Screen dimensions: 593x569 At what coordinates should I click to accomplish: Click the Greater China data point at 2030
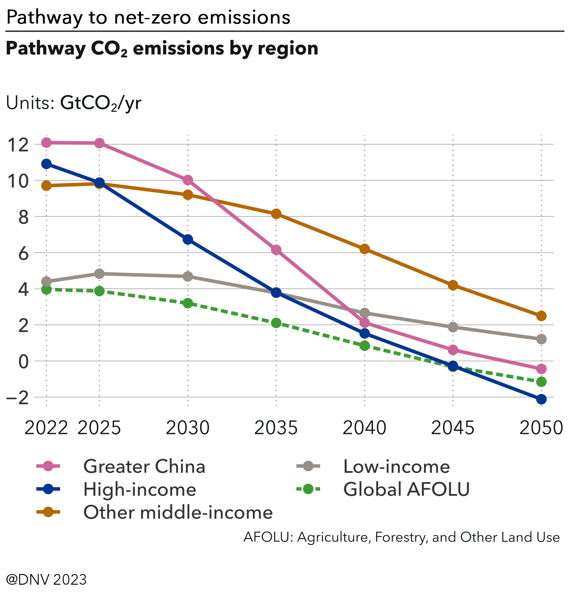[188, 180]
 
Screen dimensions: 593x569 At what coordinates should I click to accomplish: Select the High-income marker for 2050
[541, 399]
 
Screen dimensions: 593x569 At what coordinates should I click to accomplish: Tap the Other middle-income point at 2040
[364, 249]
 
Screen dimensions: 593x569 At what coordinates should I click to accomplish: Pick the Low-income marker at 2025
[99, 274]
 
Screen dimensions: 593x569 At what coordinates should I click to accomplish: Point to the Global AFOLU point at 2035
[276, 323]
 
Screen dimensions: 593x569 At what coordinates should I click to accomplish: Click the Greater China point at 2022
[46, 142]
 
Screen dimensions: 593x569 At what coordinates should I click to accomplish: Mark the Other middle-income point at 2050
[541, 316]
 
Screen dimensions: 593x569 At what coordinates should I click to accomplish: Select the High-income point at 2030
[188, 239]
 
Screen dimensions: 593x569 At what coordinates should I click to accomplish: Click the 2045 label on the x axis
[452, 428]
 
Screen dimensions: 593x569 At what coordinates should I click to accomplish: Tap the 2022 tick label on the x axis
[46, 428]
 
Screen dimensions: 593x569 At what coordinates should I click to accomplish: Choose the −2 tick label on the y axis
[18, 397]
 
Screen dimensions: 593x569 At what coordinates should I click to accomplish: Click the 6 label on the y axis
[24, 253]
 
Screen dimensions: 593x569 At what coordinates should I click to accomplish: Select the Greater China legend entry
[144, 466]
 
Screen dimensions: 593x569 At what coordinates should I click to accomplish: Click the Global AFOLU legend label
[406, 489]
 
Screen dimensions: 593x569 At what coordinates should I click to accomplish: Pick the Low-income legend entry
[396, 466]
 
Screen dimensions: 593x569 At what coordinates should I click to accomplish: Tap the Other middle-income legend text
[178, 512]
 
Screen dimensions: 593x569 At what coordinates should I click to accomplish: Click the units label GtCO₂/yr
[100, 103]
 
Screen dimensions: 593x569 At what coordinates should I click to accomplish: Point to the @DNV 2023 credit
[46, 580]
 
